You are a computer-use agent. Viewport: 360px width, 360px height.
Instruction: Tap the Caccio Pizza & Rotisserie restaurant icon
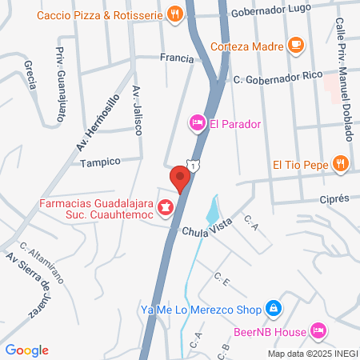click(x=174, y=14)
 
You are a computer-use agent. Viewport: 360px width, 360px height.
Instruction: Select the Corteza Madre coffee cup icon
click(x=295, y=45)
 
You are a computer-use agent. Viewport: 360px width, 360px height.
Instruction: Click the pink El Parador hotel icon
click(x=196, y=122)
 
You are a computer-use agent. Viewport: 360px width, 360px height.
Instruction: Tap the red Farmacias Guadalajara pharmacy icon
click(x=166, y=209)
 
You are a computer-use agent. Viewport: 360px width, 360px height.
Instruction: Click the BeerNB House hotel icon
click(x=318, y=330)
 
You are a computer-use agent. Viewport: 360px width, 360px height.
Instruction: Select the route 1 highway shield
click(x=192, y=164)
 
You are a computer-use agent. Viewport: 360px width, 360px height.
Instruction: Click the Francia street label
click(x=177, y=58)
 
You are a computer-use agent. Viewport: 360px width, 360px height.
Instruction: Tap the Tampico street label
click(x=100, y=161)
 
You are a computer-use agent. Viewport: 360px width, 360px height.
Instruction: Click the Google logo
click(x=27, y=350)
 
